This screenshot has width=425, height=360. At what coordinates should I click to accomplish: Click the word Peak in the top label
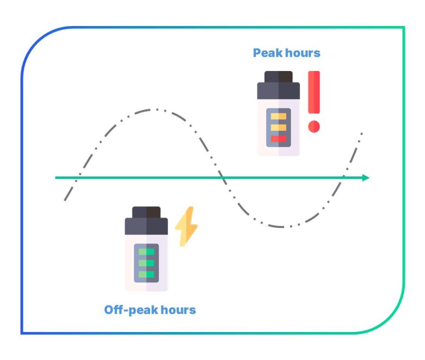pyautogui.click(x=266, y=53)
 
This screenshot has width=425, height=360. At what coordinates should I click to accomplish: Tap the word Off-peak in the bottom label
pyautogui.click(x=128, y=311)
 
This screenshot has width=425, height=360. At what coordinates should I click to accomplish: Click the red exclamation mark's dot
pyautogui.click(x=313, y=126)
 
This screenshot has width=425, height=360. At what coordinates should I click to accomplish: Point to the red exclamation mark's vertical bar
pyautogui.click(x=313, y=93)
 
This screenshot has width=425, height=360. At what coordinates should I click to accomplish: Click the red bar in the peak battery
pyautogui.click(x=279, y=139)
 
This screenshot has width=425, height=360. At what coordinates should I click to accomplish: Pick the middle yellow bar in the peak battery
pyautogui.click(x=279, y=128)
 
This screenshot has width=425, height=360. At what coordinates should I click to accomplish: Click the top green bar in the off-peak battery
pyautogui.click(x=147, y=252)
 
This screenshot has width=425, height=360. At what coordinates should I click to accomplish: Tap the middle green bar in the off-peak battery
pyautogui.click(x=147, y=263)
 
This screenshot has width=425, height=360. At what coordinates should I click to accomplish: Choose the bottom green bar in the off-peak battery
pyautogui.click(x=147, y=274)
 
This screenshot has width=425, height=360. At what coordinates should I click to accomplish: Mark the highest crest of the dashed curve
pyautogui.click(x=153, y=110)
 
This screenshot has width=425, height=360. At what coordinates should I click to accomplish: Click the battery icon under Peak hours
pyautogui.click(x=279, y=114)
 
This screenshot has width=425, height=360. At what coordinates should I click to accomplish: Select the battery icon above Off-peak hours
pyautogui.click(x=147, y=249)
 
